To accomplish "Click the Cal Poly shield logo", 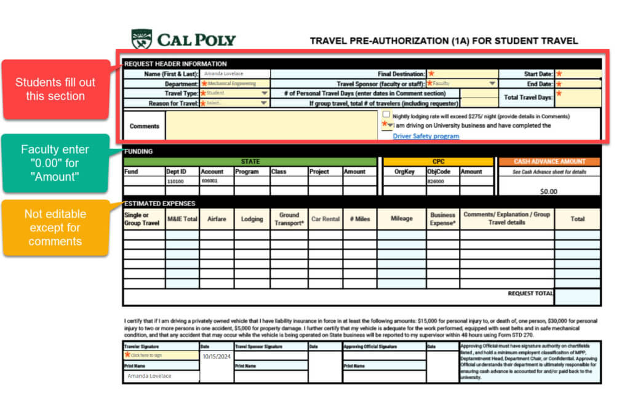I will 142,39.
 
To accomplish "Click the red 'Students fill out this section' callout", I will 55,89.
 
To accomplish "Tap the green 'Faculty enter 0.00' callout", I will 55,163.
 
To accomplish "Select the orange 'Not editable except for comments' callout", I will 55,228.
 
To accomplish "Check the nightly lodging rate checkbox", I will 386,115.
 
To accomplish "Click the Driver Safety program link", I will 426,136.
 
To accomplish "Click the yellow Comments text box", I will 271,125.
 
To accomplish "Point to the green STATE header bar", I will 250,162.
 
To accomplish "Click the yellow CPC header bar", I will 438,162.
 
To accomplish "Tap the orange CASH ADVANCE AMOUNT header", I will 549,162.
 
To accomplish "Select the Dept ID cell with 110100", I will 182,182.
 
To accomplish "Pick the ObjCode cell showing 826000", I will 442,182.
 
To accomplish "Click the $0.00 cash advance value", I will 548,191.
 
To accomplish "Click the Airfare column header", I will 217,219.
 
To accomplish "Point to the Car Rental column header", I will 325,219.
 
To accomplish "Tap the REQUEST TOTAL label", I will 530,294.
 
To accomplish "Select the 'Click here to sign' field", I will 161,355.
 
